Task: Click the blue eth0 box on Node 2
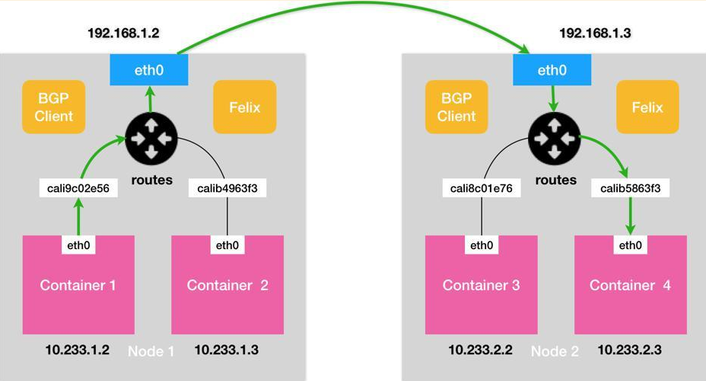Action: (x=552, y=69)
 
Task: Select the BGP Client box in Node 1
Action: (x=54, y=107)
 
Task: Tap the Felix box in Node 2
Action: (x=647, y=107)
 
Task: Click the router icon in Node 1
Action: (x=151, y=139)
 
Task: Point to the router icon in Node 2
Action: (x=554, y=139)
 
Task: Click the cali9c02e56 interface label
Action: (x=78, y=188)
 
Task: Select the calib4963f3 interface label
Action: (x=227, y=188)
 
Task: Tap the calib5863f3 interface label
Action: (x=631, y=188)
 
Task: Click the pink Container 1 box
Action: (x=78, y=286)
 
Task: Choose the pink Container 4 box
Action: (x=631, y=286)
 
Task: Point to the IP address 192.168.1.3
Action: (x=596, y=34)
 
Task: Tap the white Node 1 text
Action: (x=151, y=351)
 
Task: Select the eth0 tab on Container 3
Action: (x=481, y=245)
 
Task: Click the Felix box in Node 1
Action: (x=245, y=107)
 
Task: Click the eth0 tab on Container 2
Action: (x=227, y=245)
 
